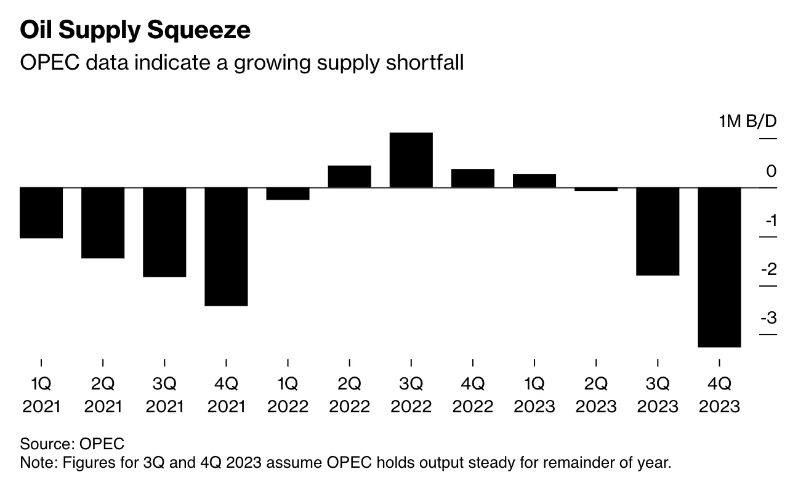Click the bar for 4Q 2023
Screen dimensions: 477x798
click(719, 267)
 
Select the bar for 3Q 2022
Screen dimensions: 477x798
click(411, 160)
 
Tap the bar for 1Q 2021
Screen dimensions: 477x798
click(41, 213)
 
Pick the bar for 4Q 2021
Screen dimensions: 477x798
click(226, 247)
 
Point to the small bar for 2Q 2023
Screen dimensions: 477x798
click(595, 189)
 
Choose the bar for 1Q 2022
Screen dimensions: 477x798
click(288, 194)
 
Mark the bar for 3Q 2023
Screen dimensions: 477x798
click(657, 231)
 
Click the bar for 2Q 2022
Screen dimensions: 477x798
click(349, 176)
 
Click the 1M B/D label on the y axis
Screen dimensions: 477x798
click(748, 121)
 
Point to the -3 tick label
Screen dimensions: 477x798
click(768, 319)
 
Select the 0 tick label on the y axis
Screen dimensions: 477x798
click(772, 171)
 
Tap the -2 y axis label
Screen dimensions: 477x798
click(768, 269)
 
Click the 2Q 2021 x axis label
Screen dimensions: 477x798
click(103, 395)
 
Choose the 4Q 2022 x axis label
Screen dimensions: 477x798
click(472, 395)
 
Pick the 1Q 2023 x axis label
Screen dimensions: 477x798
click(534, 395)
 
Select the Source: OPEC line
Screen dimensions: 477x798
click(72, 444)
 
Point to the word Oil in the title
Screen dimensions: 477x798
click(34, 29)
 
